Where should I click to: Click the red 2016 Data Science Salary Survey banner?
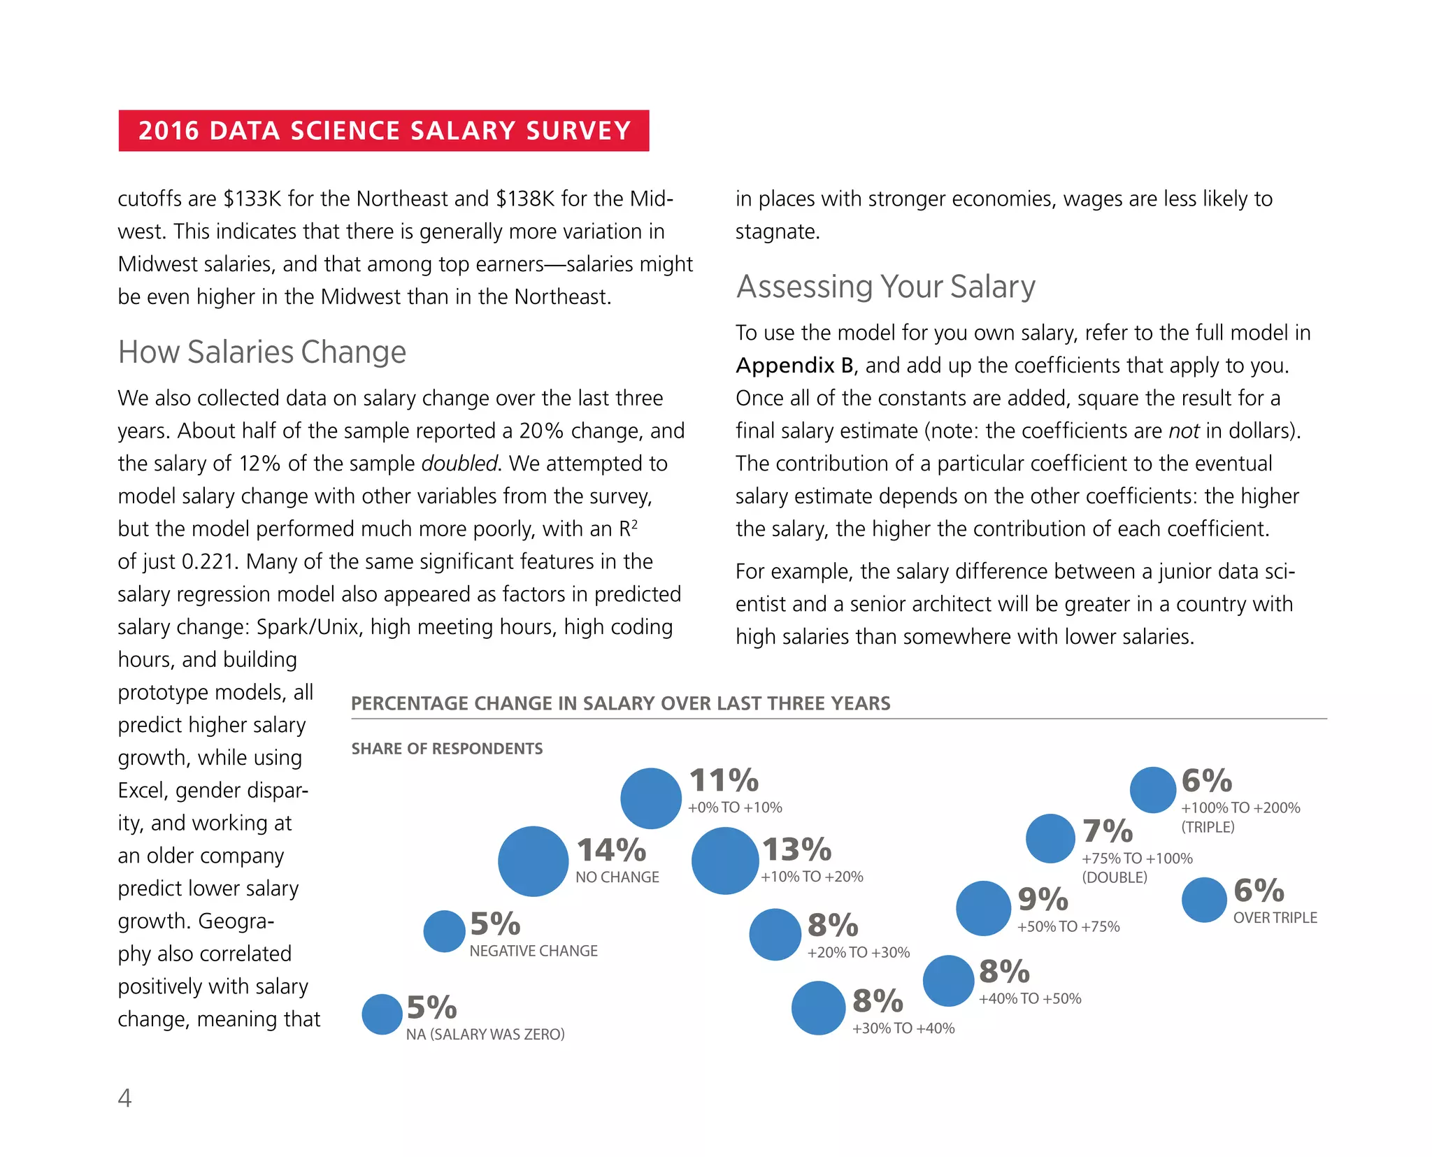pos(383,131)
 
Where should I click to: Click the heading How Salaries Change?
pos(262,352)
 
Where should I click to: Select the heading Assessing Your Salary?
pos(885,287)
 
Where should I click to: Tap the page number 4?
pos(124,1098)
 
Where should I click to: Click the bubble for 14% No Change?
pos(533,861)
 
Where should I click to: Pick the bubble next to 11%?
pos(650,798)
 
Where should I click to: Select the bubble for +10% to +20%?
pos(725,861)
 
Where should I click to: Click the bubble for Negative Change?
pos(444,931)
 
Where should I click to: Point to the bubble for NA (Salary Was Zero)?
pos(382,1014)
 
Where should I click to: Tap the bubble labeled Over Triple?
pos(1203,900)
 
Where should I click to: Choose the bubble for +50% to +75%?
pos(983,908)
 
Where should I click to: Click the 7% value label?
pos(1108,831)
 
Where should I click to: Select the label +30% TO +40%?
pos(903,1028)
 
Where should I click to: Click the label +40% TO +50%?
pos(1029,998)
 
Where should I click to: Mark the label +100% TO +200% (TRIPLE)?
pos(1240,817)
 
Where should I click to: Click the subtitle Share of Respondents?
pos(447,749)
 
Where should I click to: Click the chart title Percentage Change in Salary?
pos(620,703)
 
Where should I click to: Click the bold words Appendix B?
pos(794,366)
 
